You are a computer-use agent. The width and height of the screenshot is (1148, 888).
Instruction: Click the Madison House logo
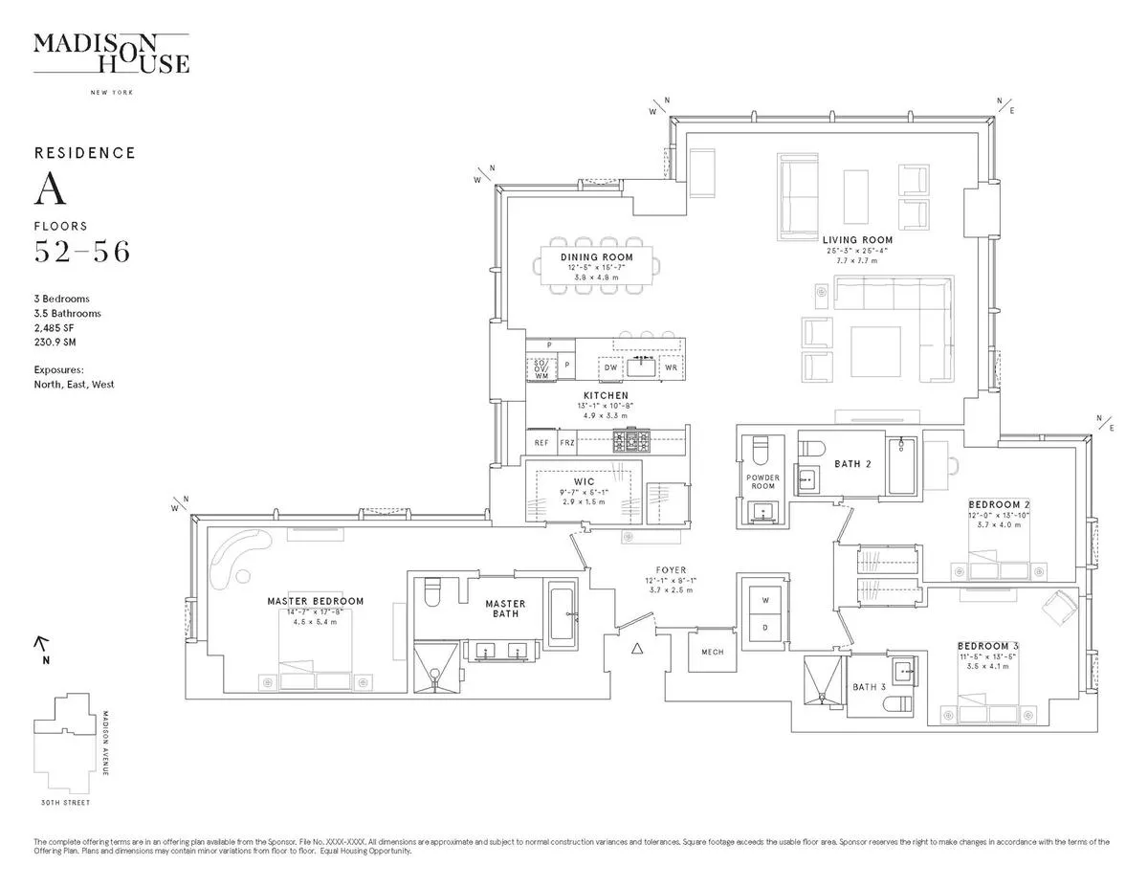pos(111,54)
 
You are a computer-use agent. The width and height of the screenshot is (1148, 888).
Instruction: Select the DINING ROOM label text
pos(597,257)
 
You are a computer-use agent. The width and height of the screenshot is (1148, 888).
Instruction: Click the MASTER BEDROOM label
pos(316,602)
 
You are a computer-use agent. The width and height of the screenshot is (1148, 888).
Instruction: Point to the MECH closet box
pos(713,653)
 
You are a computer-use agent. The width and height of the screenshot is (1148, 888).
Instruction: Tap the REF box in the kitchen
pos(541,443)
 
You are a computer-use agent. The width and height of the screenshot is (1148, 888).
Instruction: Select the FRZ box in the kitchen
pos(566,443)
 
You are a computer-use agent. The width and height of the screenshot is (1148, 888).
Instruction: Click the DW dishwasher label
pos(609,367)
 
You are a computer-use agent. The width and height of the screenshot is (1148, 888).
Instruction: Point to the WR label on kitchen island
pos(672,367)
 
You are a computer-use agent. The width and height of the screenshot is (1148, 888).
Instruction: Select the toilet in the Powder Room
pos(762,450)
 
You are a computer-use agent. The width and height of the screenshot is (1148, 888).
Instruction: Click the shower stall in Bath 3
pos(825,684)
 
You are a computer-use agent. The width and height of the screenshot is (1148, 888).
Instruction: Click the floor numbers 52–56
pos(82,253)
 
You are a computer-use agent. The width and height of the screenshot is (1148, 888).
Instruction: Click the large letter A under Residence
pos(50,190)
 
